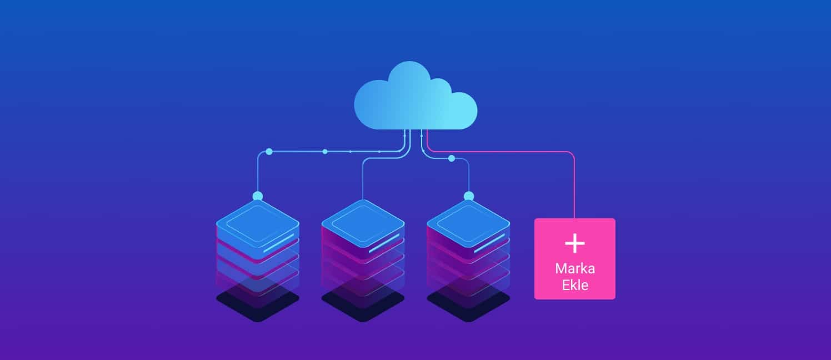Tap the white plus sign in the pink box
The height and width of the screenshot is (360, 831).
pyautogui.click(x=574, y=243)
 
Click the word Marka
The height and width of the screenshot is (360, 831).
pyautogui.click(x=575, y=268)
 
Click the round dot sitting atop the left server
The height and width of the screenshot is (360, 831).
pyautogui.click(x=257, y=196)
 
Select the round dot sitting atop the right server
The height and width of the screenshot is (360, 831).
pyautogui.click(x=468, y=196)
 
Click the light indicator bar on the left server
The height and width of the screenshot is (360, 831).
pyautogui.click(x=278, y=243)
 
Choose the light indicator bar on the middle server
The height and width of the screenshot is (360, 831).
pyautogui.click(x=384, y=243)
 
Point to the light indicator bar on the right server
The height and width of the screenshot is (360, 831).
pyautogui.click(x=489, y=243)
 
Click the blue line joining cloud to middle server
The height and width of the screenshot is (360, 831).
pyautogui.click(x=363, y=178)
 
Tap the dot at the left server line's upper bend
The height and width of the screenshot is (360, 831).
pyautogui.click(x=269, y=151)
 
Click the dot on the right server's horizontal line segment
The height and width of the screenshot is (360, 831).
pyautogui.click(x=451, y=158)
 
